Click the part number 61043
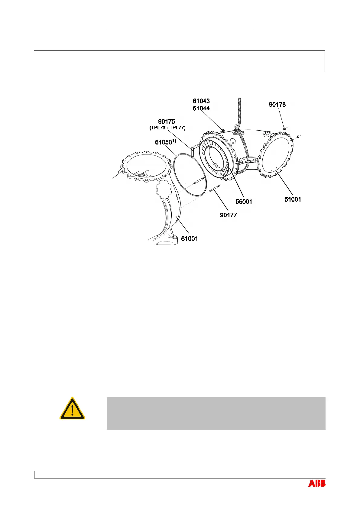click(x=201, y=101)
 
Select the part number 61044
click(x=201, y=108)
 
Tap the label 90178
click(x=277, y=105)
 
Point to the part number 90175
click(x=167, y=122)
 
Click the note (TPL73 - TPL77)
click(x=167, y=128)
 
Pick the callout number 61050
click(x=164, y=142)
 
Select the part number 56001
click(x=244, y=202)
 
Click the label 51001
click(x=293, y=199)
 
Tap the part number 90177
click(x=228, y=215)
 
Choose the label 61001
click(x=189, y=239)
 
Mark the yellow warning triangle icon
click(x=72, y=408)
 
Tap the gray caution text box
click(x=216, y=413)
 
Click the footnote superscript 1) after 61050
click(x=174, y=140)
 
